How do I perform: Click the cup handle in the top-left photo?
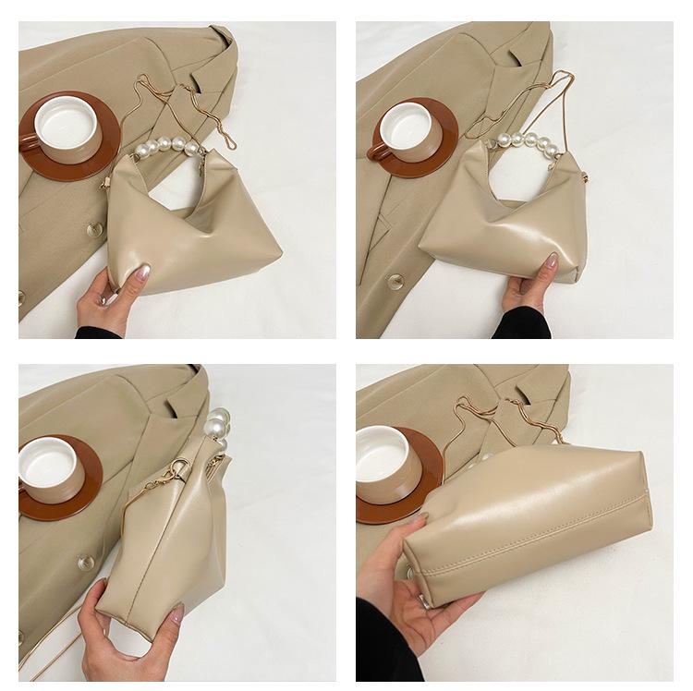[29, 141]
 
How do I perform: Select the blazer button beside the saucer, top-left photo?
[91, 229]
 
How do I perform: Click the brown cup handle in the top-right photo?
[377, 151]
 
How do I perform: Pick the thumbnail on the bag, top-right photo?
[551, 262]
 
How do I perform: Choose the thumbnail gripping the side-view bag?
[176, 612]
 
